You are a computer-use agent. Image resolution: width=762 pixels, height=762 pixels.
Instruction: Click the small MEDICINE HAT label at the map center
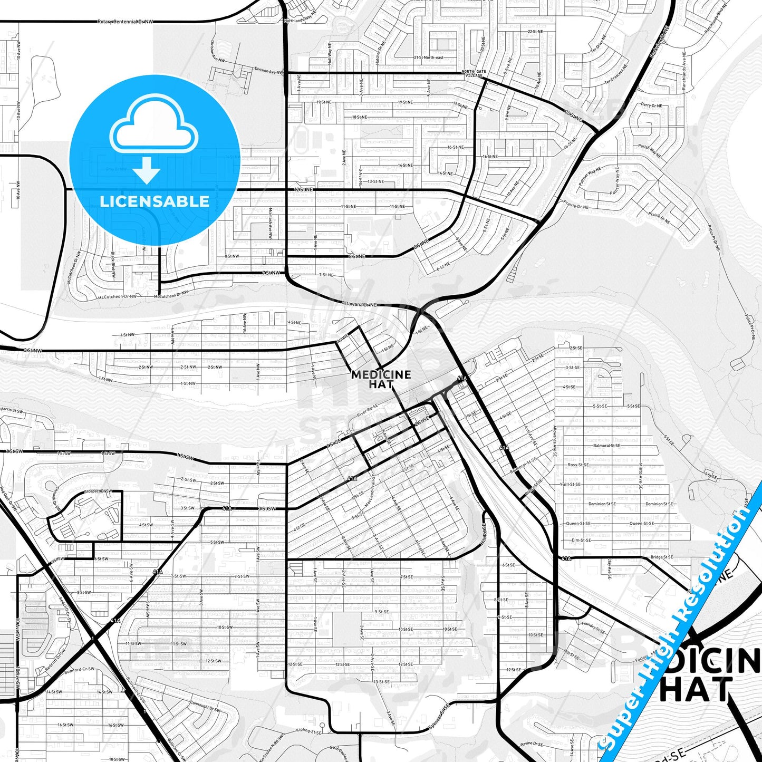click(381, 379)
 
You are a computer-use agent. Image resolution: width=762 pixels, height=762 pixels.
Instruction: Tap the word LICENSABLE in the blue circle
click(155, 201)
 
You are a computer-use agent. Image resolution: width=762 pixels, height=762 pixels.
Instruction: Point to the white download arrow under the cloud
click(147, 169)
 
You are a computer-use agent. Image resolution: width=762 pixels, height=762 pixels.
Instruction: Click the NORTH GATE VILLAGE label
click(474, 74)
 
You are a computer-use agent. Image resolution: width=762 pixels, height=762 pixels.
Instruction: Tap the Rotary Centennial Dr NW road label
click(126, 22)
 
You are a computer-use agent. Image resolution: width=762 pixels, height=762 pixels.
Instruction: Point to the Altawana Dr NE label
click(359, 304)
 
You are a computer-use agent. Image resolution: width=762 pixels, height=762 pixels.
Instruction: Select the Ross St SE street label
click(578, 465)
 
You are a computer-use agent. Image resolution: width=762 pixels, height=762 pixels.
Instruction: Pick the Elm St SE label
click(581, 540)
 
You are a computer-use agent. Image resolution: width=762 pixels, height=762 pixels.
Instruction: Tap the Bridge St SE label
click(661, 557)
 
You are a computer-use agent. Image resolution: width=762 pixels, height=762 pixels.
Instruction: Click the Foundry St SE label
click(593, 627)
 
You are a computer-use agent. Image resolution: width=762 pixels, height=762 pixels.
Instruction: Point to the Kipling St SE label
click(309, 731)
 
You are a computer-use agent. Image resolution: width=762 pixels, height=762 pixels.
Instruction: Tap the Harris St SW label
click(12, 410)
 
